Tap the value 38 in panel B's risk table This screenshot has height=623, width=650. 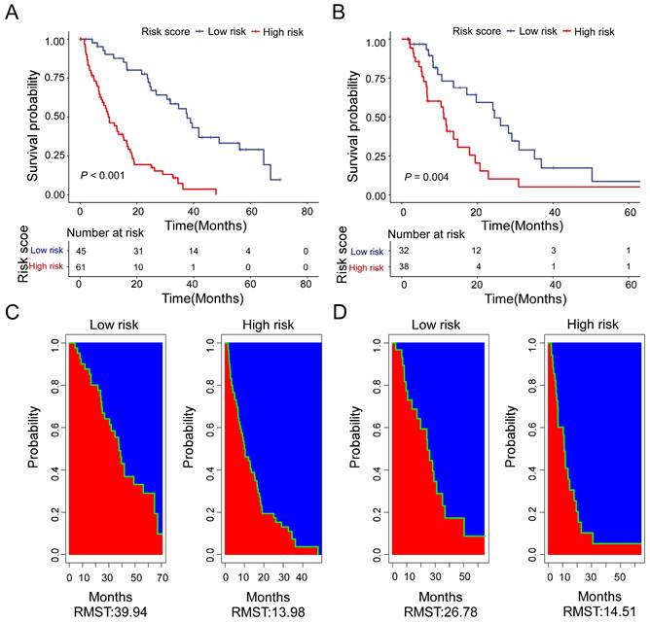(x=403, y=268)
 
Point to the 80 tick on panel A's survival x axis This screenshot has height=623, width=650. (x=308, y=211)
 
